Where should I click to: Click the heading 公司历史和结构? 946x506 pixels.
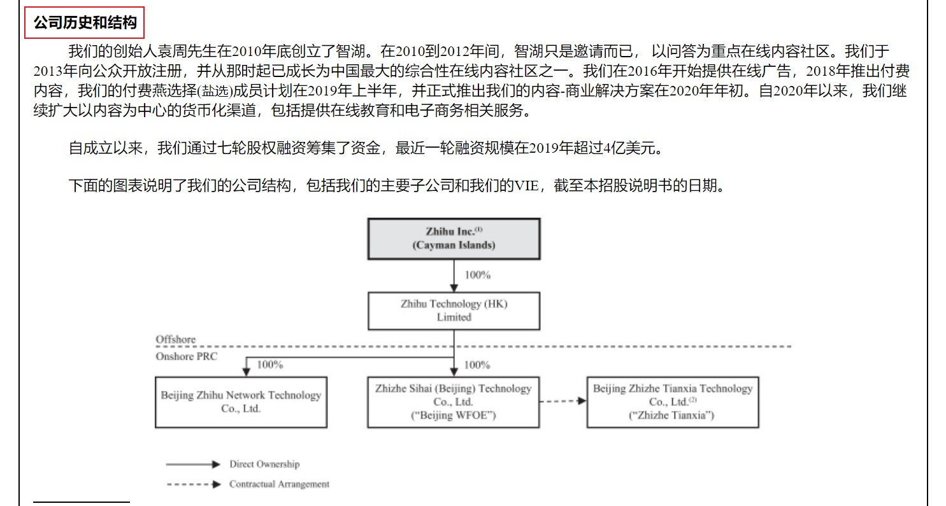[85, 23]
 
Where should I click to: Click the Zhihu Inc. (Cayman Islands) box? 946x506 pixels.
[454, 239]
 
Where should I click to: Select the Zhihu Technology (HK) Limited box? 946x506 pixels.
[454, 311]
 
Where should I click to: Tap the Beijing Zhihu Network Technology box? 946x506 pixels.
[241, 402]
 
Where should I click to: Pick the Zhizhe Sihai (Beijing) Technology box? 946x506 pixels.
[453, 402]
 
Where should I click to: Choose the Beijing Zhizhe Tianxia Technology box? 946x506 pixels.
[672, 402]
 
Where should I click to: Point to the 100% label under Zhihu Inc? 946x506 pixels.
[477, 276]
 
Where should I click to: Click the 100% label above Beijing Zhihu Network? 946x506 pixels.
[269, 365]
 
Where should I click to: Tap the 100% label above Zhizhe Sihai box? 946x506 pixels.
[477, 365]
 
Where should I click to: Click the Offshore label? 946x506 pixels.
[176, 339]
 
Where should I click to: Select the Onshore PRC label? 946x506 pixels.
[186, 356]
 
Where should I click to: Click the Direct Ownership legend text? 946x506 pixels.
[264, 464]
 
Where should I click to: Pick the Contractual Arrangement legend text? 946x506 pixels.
[279, 484]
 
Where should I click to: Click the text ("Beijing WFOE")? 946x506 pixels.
[453, 416]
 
